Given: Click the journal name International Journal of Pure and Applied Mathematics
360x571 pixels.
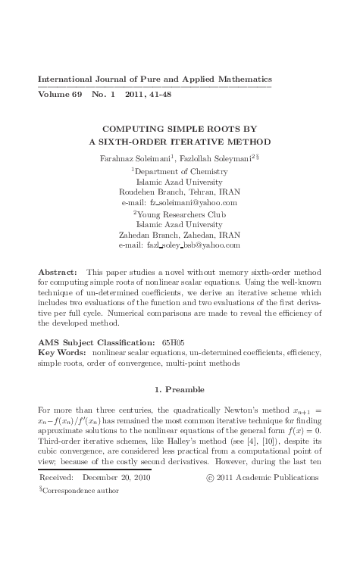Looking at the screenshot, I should click(x=155, y=80).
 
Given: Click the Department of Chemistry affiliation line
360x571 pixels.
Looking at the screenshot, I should click(x=181, y=171).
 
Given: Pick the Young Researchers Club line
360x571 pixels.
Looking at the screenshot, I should click(x=180, y=214).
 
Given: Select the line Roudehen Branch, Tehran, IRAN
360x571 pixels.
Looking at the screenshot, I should click(x=180, y=192).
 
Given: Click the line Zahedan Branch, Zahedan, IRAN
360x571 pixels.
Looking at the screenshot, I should click(x=180, y=235).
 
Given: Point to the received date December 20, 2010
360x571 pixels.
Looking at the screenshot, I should click(x=117, y=478).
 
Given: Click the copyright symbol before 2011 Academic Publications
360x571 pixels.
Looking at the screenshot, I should click(x=210, y=478).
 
